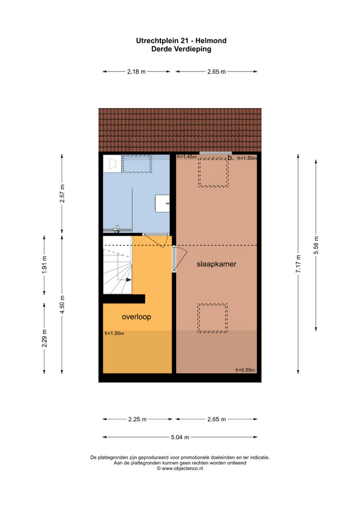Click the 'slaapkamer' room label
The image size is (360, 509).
(x=216, y=264)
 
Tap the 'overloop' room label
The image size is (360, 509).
(x=137, y=316)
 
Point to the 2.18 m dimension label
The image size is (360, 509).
(x=137, y=71)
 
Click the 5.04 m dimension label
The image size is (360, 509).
(x=179, y=437)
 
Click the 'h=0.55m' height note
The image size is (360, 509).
(x=245, y=370)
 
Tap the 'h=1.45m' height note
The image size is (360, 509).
(x=187, y=157)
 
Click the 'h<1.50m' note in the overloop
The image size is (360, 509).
(x=114, y=334)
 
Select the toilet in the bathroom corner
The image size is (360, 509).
(x=113, y=163)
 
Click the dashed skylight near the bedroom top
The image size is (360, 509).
(x=213, y=172)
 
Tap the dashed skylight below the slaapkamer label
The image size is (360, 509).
(x=213, y=317)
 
